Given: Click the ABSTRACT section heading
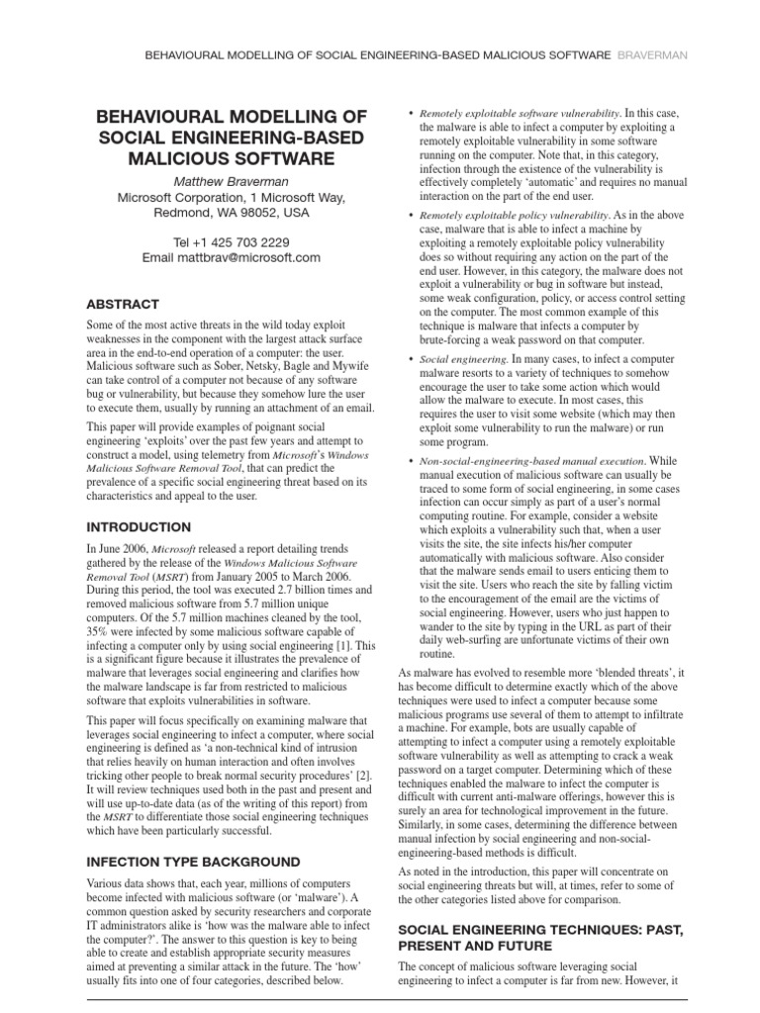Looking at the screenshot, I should (x=123, y=304).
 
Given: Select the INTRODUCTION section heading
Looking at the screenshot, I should (x=139, y=527).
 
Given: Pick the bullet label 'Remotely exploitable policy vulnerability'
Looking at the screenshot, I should (x=514, y=215).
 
